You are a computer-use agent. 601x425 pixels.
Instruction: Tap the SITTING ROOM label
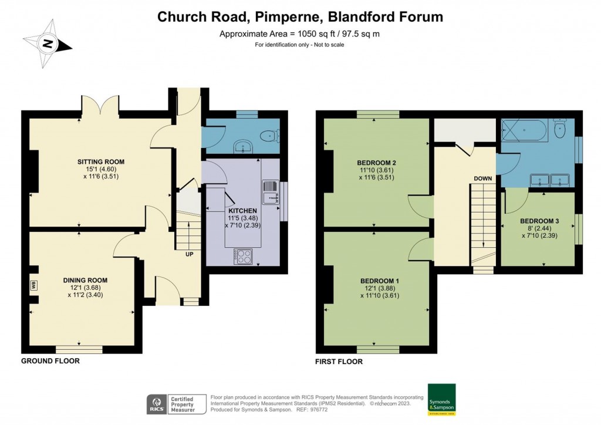[101, 161]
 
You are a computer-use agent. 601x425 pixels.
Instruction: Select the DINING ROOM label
[86, 280]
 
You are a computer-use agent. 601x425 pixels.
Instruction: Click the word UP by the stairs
[188, 254]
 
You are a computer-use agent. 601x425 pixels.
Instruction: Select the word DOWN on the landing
[483, 178]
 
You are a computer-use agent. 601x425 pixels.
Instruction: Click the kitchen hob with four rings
[242, 257]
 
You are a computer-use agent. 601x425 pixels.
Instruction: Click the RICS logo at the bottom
[156, 404]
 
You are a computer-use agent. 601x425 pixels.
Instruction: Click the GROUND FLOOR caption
[50, 361]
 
